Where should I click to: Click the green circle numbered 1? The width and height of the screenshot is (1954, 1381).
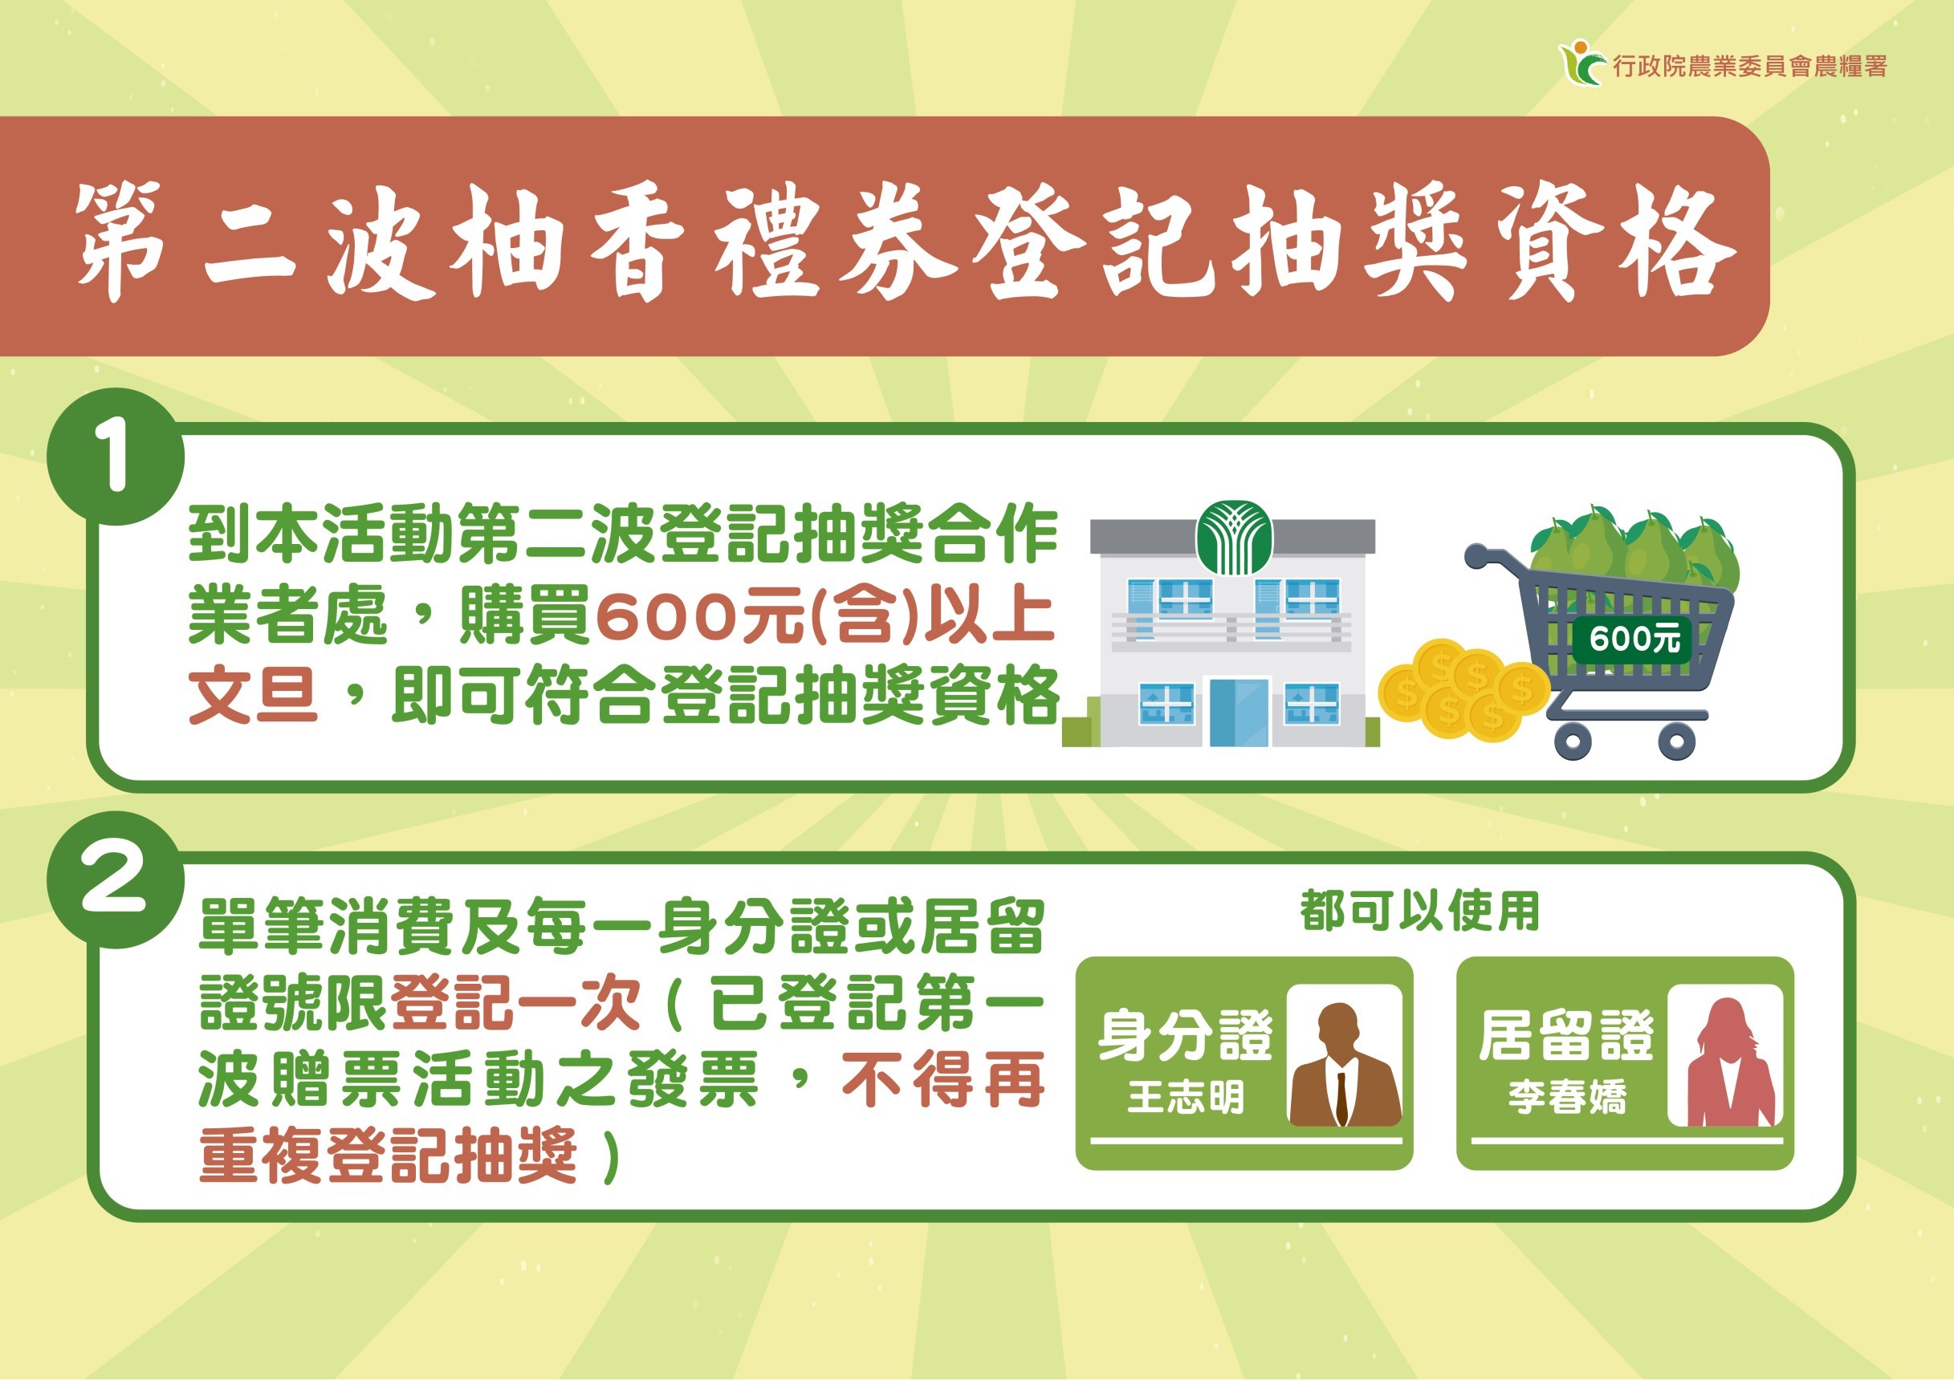coord(116,457)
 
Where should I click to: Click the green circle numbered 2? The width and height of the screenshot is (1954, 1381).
coord(116,879)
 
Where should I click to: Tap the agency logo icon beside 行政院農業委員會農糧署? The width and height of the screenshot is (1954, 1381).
coord(1582,64)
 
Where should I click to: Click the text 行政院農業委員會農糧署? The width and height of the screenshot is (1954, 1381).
coord(1750,67)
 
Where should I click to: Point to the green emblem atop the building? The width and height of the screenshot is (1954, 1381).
coord(1234,538)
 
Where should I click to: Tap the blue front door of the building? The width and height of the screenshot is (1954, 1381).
coord(1237,713)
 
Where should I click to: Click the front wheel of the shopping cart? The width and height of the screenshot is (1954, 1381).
coord(1573,741)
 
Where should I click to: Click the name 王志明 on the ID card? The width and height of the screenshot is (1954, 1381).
coord(1186,1098)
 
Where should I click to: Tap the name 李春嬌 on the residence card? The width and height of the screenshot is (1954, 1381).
coord(1567,1098)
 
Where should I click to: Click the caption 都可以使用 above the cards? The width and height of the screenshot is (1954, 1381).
coord(1419,912)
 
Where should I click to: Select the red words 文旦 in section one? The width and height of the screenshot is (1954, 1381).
coord(253,696)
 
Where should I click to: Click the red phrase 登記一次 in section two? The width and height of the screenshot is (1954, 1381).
coord(515,1004)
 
